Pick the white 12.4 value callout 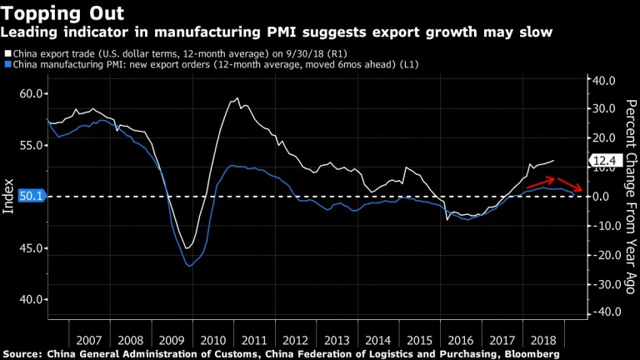(x=602, y=160)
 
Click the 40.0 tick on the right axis (x=602, y=80)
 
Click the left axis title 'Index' (x=8, y=197)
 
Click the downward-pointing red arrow (x=571, y=187)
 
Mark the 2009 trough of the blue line (x=190, y=266)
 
